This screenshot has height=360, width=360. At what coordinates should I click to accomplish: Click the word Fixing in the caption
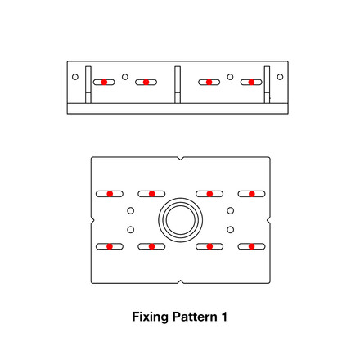pyautogui.click(x=149, y=316)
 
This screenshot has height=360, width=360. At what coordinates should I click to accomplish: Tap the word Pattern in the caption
pyautogui.click(x=193, y=316)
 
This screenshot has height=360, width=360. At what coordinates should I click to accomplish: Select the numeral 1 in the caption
pyautogui.click(x=224, y=316)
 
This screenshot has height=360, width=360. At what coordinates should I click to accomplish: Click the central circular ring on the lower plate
pyautogui.click(x=180, y=219)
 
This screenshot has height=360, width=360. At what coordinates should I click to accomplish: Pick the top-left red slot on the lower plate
pyautogui.click(x=109, y=194)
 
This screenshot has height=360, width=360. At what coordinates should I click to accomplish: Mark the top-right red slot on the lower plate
pyautogui.click(x=252, y=194)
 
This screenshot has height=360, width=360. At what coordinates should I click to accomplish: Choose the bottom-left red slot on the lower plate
pyautogui.click(x=109, y=246)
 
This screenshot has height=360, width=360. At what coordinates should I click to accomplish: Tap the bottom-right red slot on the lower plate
pyautogui.click(x=252, y=246)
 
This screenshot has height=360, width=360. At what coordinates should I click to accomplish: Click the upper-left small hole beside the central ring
pyautogui.click(x=130, y=210)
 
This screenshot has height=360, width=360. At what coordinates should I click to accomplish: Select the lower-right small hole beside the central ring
pyautogui.click(x=231, y=229)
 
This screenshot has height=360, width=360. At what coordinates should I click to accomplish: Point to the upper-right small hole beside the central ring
pyautogui.click(x=231, y=210)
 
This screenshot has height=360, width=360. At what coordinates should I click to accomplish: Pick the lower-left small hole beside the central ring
pyautogui.click(x=130, y=229)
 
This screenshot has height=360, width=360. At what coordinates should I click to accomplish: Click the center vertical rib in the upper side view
pyautogui.click(x=176, y=83)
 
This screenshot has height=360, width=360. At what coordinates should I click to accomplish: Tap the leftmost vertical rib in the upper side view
pyautogui.click(x=88, y=83)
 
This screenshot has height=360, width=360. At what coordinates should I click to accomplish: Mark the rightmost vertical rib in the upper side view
pyautogui.click(x=266, y=83)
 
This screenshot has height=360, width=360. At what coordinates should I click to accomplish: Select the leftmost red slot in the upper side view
pyautogui.click(x=104, y=82)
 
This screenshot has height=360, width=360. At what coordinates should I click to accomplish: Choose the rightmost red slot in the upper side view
pyautogui.click(x=252, y=82)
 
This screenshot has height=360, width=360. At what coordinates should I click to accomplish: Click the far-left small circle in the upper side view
pyautogui.click(x=75, y=77)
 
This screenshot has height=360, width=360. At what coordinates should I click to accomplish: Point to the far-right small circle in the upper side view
pyautogui.click(x=280, y=77)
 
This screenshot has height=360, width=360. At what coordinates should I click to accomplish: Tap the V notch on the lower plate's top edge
pyautogui.click(x=180, y=158)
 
